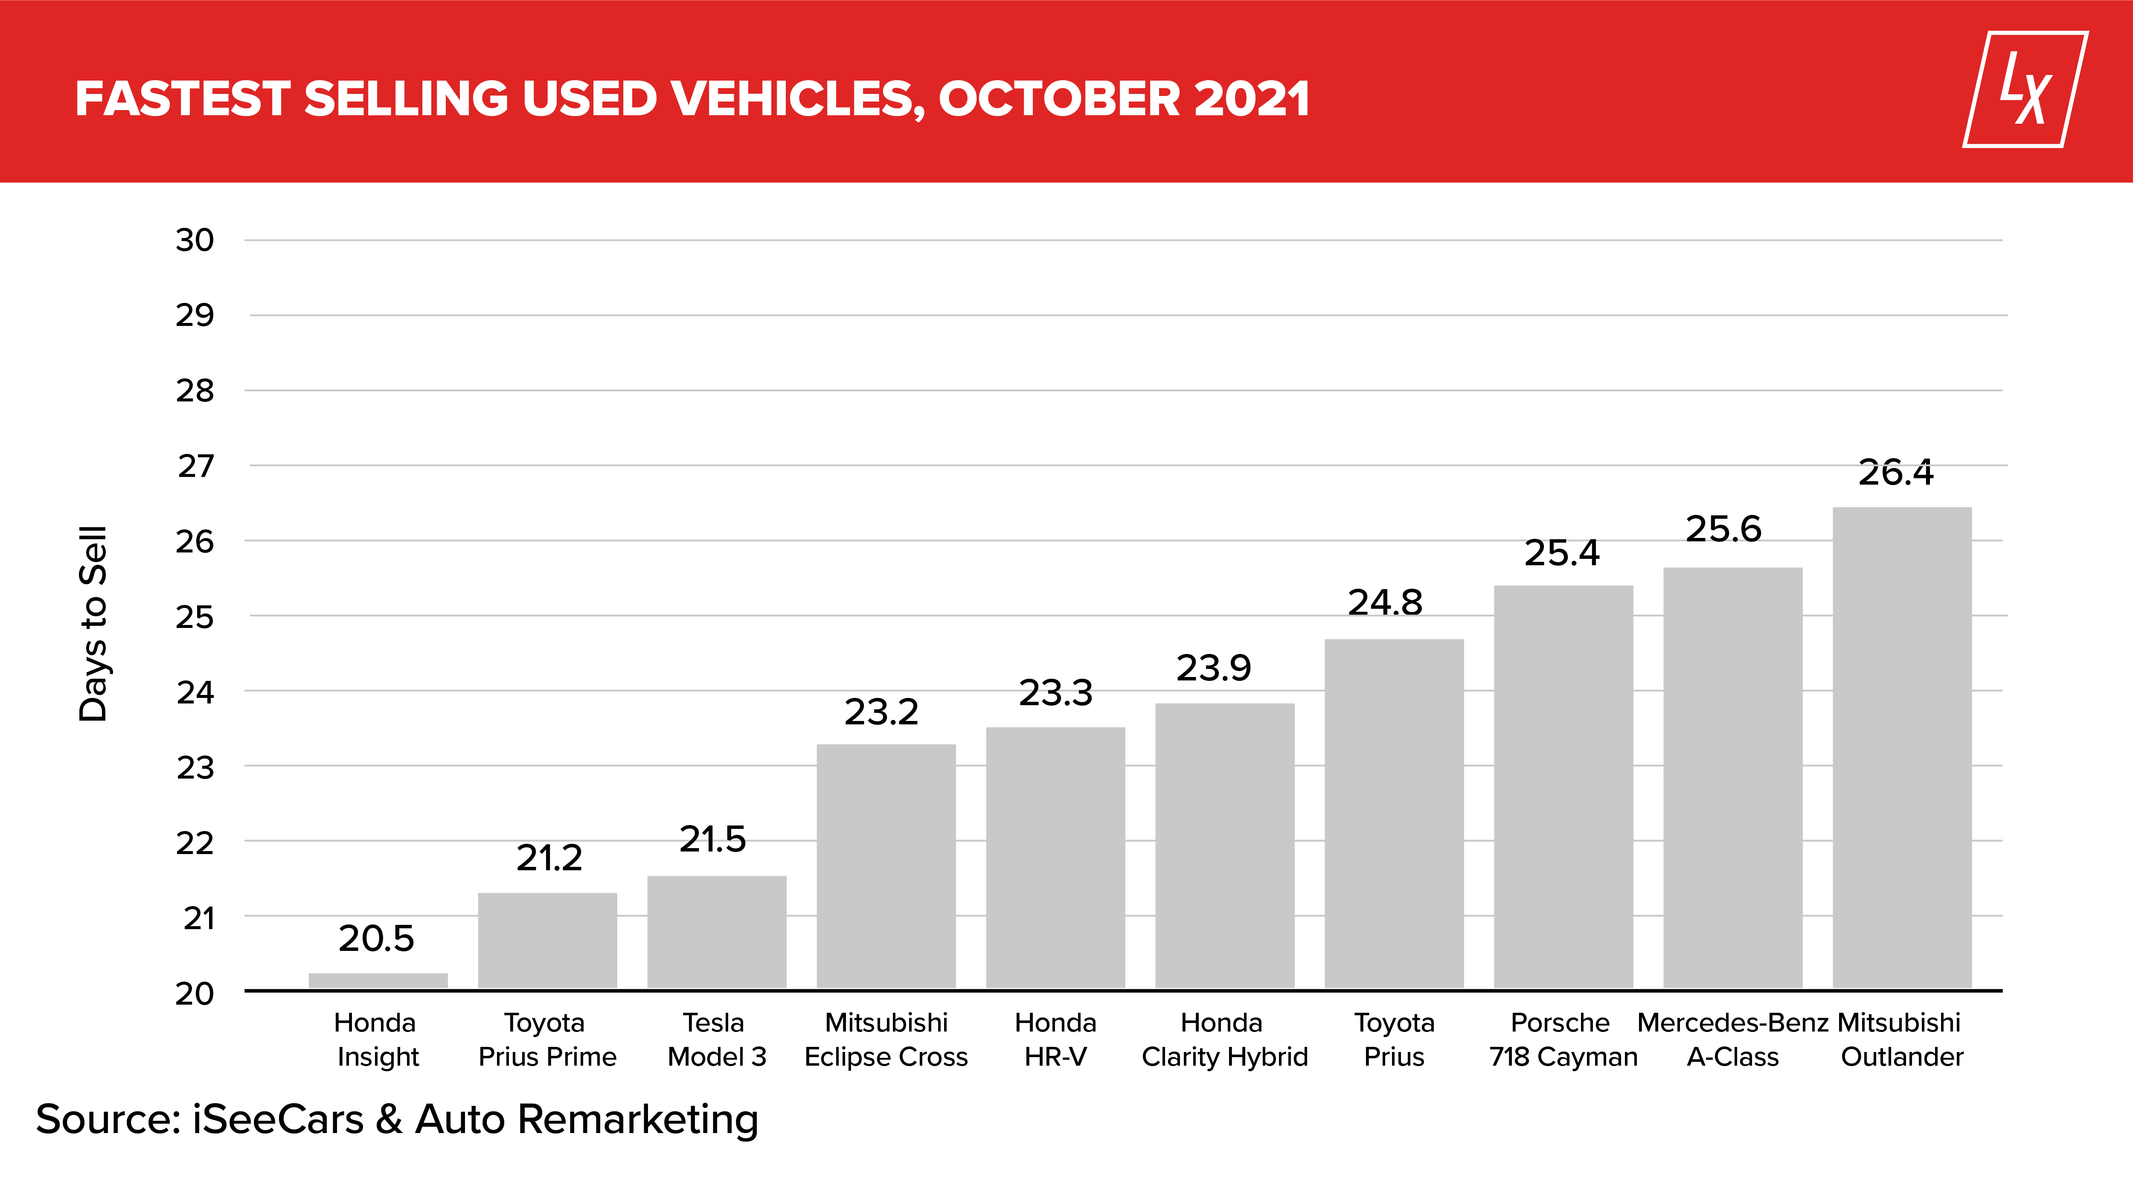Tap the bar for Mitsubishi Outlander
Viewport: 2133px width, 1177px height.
(1902, 748)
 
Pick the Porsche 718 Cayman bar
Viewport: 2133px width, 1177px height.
(1563, 787)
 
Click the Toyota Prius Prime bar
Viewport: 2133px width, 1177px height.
(547, 941)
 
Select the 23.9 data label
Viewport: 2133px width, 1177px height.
(1214, 668)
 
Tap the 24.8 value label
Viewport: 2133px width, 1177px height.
(1385, 603)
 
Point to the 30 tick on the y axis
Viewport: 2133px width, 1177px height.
(195, 240)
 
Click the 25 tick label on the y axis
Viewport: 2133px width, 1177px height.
(195, 617)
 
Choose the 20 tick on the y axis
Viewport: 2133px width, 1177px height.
(195, 993)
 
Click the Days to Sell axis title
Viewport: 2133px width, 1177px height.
(93, 624)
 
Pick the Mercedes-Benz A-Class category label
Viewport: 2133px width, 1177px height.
(1733, 1040)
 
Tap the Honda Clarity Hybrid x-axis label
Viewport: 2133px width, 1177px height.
(1225, 1040)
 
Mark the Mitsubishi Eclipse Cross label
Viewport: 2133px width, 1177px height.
(886, 1040)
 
